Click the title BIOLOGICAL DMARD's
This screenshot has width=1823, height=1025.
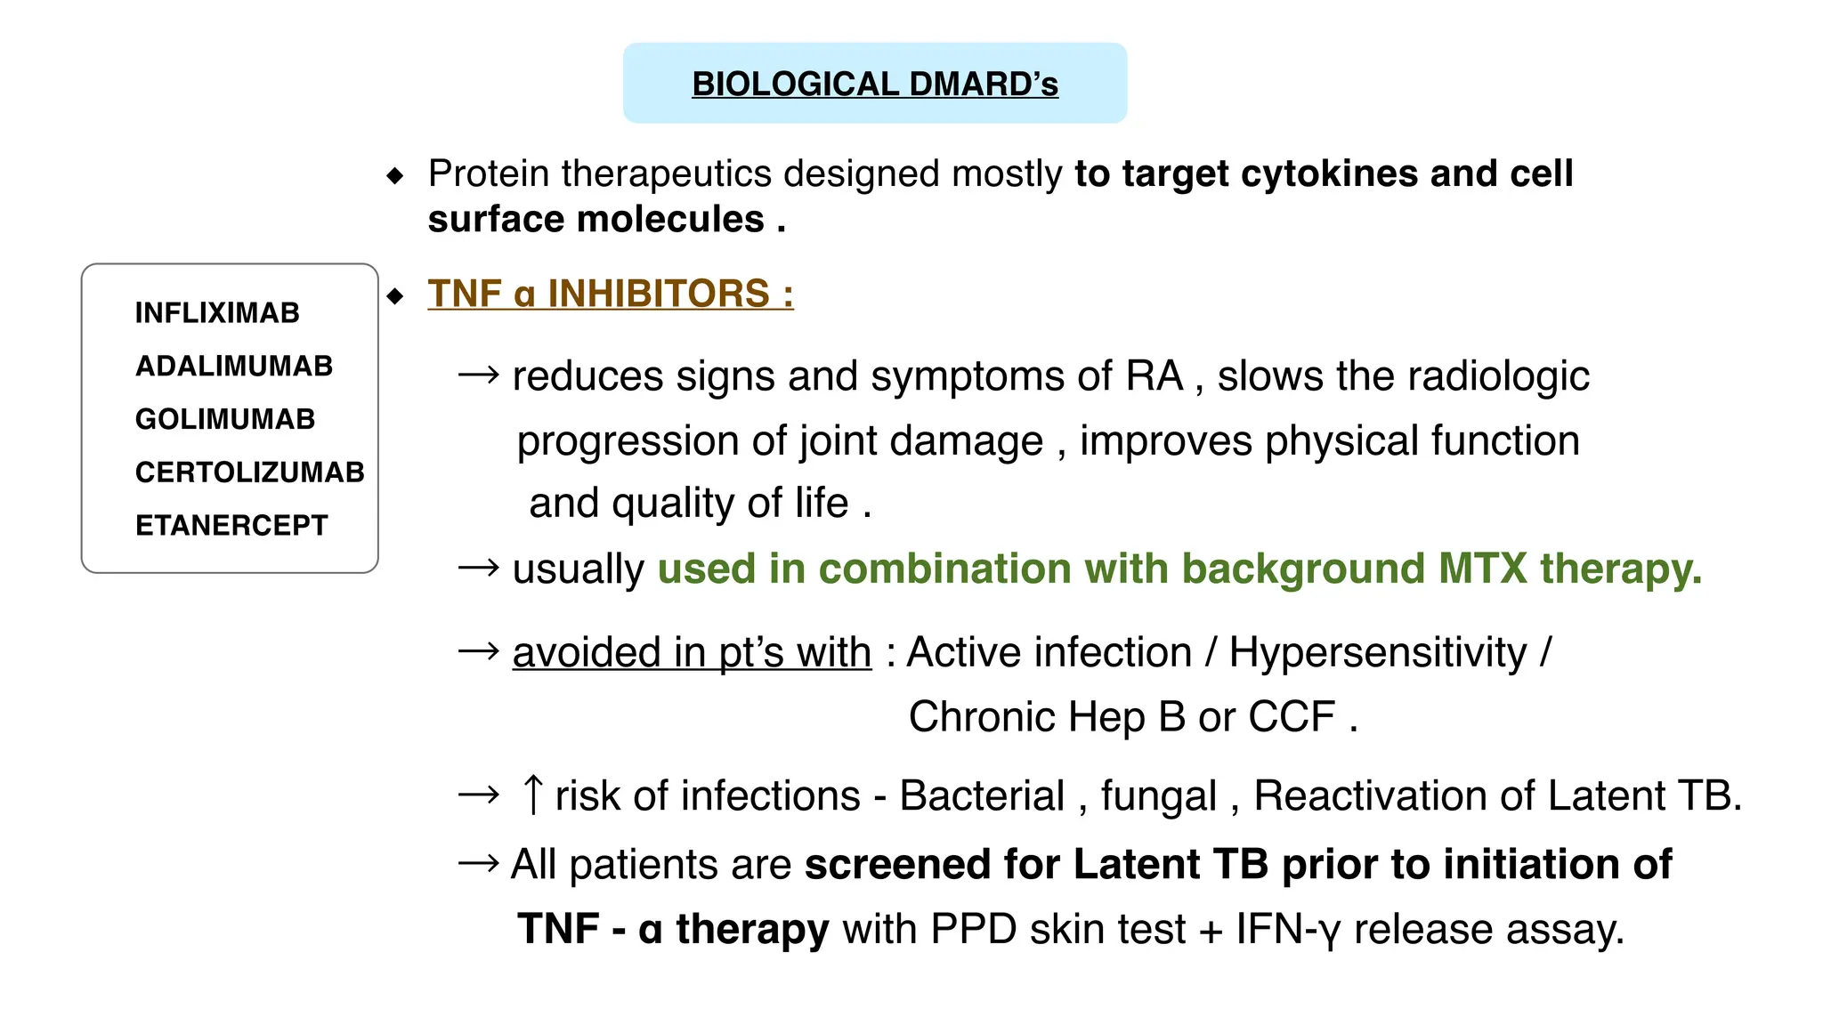(x=875, y=84)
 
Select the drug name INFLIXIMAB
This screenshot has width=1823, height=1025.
(x=217, y=313)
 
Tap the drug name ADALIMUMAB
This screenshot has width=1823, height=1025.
(x=234, y=366)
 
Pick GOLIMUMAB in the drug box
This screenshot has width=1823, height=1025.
(x=225, y=419)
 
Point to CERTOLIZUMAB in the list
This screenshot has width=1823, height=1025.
(x=249, y=472)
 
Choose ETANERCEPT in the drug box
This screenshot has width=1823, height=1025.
(x=231, y=525)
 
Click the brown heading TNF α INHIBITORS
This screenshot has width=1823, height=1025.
(x=610, y=294)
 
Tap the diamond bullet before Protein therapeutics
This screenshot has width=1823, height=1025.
(x=395, y=175)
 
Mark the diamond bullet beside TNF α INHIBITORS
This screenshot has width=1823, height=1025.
(x=395, y=295)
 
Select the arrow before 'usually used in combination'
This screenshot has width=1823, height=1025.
(x=478, y=568)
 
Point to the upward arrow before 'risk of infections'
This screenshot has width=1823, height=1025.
(x=532, y=795)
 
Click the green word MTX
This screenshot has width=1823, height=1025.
(x=1482, y=568)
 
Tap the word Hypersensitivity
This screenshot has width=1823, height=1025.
(x=1377, y=652)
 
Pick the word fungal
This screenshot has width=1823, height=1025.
(x=1158, y=795)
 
